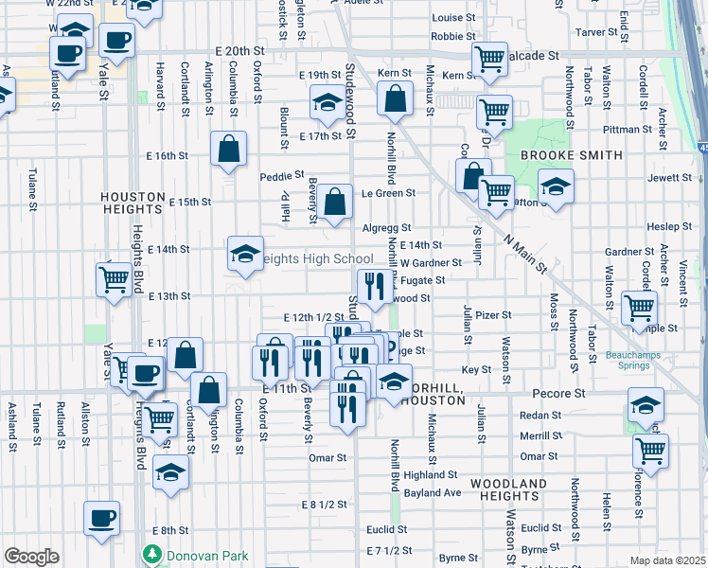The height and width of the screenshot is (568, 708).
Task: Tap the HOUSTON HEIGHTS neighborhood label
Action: (x=133, y=202)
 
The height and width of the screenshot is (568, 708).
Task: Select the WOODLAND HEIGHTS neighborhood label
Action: (x=512, y=489)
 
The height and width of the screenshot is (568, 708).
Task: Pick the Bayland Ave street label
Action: (x=432, y=493)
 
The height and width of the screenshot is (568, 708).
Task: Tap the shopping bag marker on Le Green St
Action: (x=333, y=201)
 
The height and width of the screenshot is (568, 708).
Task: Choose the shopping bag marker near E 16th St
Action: (x=228, y=149)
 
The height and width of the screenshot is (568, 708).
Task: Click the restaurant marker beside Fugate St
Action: (x=375, y=284)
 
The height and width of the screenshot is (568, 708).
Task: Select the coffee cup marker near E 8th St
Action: (x=102, y=519)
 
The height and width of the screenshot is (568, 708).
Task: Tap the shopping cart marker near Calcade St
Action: (x=490, y=60)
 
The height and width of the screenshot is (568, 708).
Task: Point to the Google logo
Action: (x=31, y=557)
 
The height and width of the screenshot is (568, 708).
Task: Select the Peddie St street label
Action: (x=283, y=175)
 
